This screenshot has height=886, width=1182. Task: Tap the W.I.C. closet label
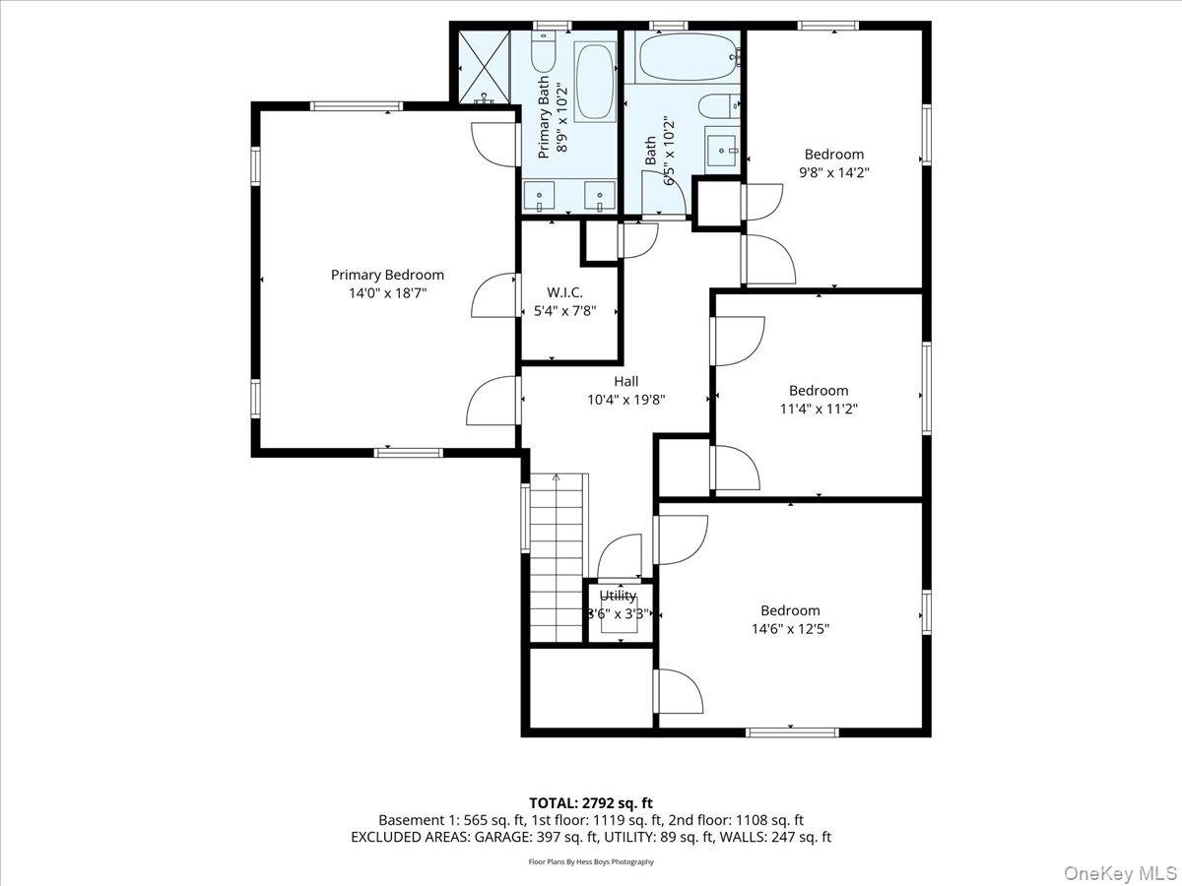click(564, 291)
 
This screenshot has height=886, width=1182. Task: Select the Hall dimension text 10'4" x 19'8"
click(625, 400)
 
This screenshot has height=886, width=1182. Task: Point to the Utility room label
click(619, 596)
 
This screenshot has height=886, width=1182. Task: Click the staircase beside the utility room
click(558, 557)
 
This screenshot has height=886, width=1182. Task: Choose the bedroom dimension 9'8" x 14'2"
click(833, 171)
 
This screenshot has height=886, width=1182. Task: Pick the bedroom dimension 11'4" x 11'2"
click(818, 409)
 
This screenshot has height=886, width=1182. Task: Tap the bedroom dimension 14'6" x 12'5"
click(789, 628)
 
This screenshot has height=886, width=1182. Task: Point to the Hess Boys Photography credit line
click(591, 862)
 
